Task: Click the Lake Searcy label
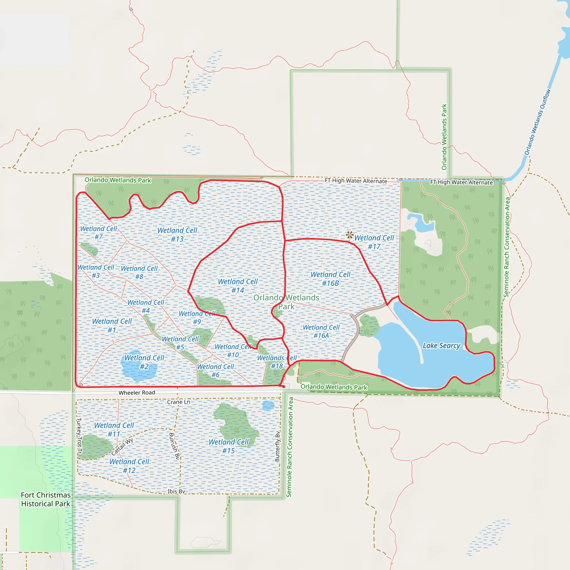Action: click(441, 345)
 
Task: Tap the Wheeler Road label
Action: click(137, 393)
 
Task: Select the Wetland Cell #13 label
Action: click(177, 235)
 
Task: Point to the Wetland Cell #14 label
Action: click(238, 286)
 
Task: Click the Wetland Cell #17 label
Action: click(374, 242)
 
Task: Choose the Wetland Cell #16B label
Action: click(330, 279)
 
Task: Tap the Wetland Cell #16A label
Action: click(321, 331)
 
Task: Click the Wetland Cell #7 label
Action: click(99, 232)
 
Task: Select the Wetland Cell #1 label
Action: click(112, 325)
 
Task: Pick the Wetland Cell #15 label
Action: click(229, 446)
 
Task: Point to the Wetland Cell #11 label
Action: click(114, 429)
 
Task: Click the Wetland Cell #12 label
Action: click(129, 466)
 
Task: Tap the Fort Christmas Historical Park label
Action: click(46, 499)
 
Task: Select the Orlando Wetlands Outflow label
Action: click(537, 122)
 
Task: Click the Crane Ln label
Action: click(178, 402)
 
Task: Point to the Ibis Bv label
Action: click(176, 491)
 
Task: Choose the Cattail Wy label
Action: click(122, 447)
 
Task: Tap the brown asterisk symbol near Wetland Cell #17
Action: click(350, 235)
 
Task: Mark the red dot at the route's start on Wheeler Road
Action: click(283, 387)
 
